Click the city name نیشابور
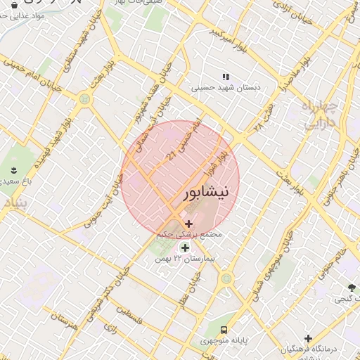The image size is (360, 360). tap(205, 193)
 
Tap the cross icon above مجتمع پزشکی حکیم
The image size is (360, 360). tap(188, 224)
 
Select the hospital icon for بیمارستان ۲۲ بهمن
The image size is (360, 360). tap(185, 247)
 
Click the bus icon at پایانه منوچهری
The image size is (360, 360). tap(224, 329)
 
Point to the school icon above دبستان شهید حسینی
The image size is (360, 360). tap(226, 77)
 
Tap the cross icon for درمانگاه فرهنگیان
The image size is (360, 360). tap(308, 339)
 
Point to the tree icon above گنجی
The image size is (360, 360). tap(351, 287)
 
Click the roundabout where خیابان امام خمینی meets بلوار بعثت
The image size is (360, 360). tap(85, 99)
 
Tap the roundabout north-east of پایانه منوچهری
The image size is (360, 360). tap(226, 278)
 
